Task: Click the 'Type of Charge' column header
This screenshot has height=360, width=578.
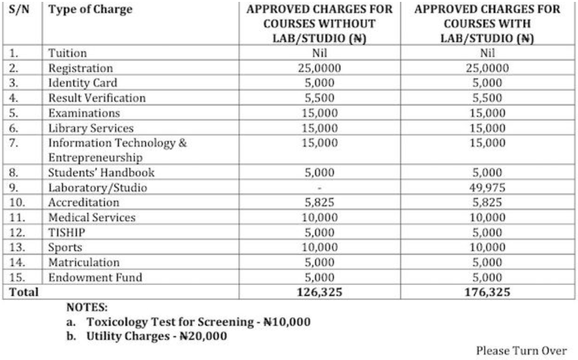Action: pyautogui.click(x=90, y=9)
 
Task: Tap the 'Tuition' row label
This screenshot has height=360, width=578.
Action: pyautogui.click(x=68, y=54)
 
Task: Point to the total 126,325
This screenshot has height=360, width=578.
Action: pyautogui.click(x=320, y=291)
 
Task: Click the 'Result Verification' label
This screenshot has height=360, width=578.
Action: pyautogui.click(x=97, y=98)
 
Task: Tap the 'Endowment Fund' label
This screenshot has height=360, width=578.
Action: pyautogui.click(x=95, y=277)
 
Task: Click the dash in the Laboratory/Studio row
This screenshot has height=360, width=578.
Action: pyautogui.click(x=320, y=187)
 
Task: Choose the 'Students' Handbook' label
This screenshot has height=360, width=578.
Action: pyautogui.click(x=102, y=173)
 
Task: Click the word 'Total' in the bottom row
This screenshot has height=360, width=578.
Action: pyautogui.click(x=23, y=291)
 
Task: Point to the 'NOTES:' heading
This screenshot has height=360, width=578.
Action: pyautogui.click(x=87, y=308)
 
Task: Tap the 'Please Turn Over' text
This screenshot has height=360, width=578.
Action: pyautogui.click(x=521, y=351)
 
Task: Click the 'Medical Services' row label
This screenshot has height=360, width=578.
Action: pyautogui.click(x=92, y=217)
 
